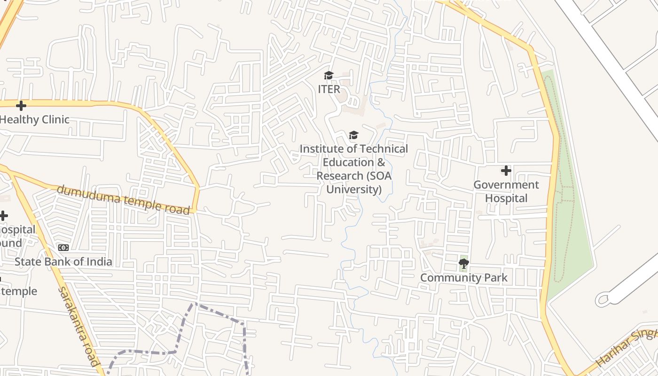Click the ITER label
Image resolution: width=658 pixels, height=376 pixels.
pos(329,89)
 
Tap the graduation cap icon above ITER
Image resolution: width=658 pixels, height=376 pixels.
pos(329,75)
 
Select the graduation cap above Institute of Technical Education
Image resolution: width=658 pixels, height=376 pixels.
pos(353,135)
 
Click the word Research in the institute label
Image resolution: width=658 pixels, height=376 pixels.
pos(338,176)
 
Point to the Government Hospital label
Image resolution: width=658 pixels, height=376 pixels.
pos(506,191)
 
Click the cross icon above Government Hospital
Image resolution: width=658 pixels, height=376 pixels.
pos(506,170)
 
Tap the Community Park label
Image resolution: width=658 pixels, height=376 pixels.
pos(463,278)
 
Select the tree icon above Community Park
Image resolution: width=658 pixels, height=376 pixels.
pos(463,264)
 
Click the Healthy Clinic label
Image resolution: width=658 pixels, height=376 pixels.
pos(34,119)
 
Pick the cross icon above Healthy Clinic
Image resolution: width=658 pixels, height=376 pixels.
pos(21,105)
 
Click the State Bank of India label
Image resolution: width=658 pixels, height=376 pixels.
pos(63,262)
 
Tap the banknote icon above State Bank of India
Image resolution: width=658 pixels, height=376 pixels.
pos(63,248)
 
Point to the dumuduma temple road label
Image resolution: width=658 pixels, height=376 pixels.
pos(123,200)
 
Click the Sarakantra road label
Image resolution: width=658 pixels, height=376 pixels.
pos(78,326)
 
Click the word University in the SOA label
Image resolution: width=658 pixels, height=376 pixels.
pos(353,189)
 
